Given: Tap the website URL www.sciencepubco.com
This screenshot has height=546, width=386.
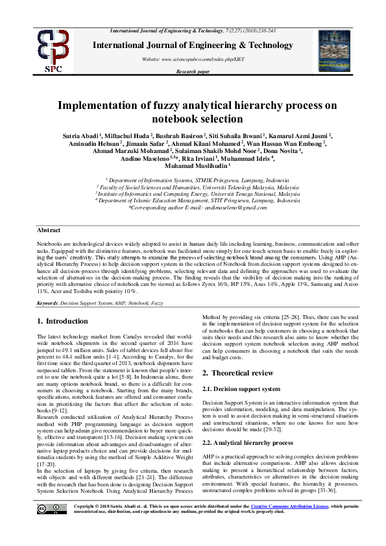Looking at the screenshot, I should coord(193,59).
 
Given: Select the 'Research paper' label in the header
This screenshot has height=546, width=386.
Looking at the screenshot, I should coord(193,72).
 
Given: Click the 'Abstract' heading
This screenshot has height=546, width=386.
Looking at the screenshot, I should coord(49,230).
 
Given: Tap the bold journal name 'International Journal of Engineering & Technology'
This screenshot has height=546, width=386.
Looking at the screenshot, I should coord(193,45).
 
